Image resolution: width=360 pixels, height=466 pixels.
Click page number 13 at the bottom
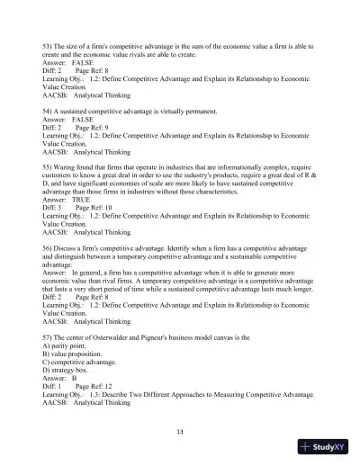(180, 431)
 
